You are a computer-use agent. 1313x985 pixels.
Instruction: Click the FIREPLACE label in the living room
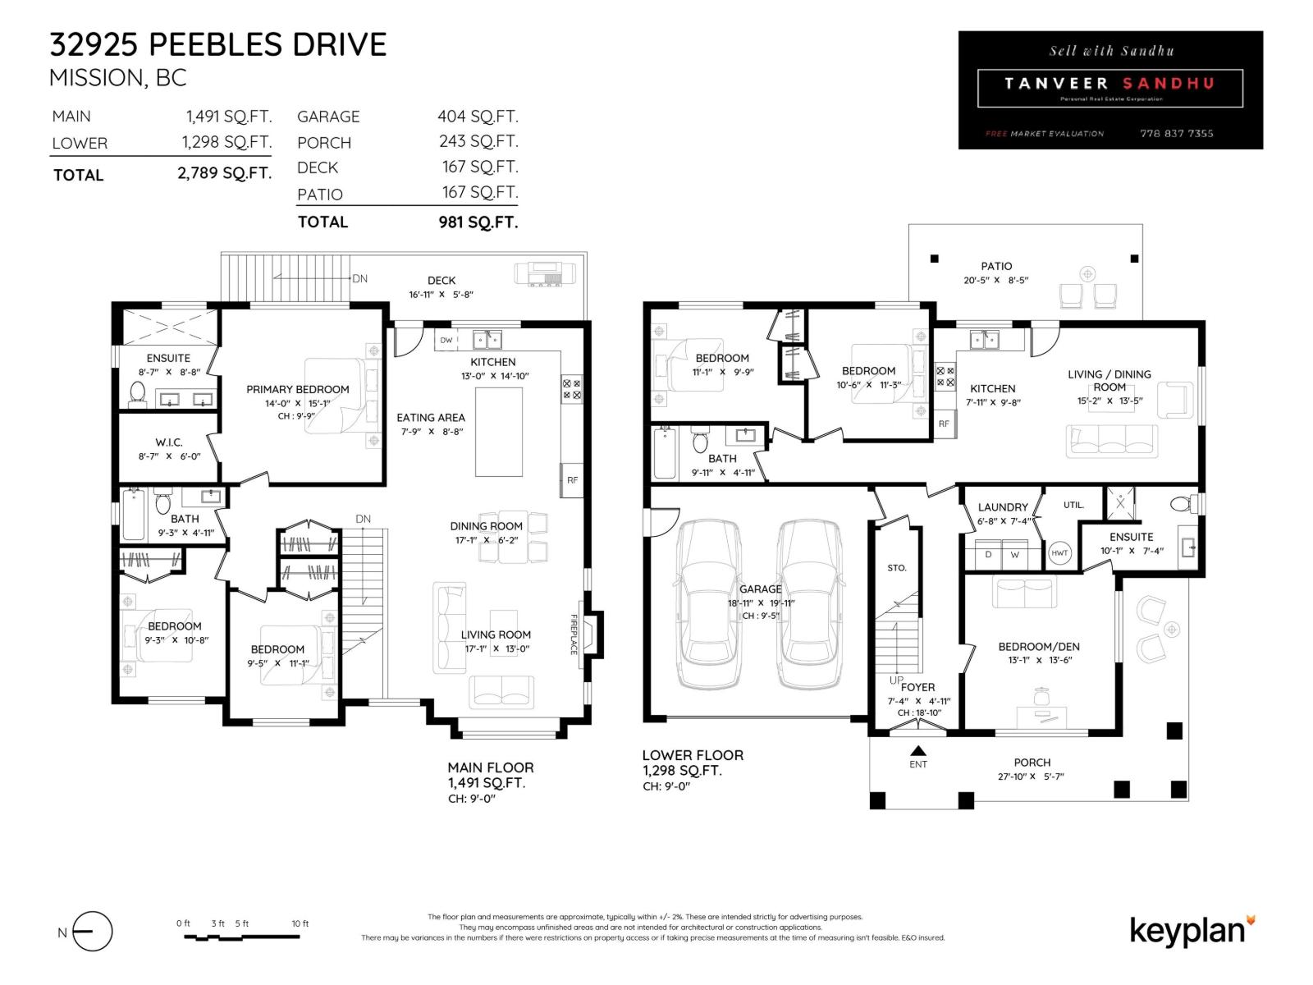[574, 635]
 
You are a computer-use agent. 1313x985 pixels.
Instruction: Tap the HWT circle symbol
[1059, 553]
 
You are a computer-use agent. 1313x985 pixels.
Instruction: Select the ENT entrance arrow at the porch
[918, 750]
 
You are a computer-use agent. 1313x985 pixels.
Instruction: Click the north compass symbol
[92, 932]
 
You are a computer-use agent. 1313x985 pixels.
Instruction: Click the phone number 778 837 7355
[1176, 133]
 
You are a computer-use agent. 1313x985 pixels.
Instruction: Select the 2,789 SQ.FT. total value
[224, 173]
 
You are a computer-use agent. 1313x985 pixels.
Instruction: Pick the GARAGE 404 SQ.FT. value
[478, 117]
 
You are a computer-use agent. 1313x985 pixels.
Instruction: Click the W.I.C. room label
[169, 442]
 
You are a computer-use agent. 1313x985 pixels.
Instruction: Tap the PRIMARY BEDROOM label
[297, 389]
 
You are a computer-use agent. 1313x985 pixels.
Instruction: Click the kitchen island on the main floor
[498, 431]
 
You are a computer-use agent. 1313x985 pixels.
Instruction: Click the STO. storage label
[897, 568]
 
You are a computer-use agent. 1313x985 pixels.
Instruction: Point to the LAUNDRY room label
[1003, 507]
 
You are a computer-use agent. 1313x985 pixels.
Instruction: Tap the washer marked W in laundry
[1015, 555]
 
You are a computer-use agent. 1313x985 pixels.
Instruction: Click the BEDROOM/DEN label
[1039, 647]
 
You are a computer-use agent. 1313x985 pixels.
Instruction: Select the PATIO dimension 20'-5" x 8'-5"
[995, 280]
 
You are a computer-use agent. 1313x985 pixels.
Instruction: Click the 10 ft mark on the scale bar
[300, 923]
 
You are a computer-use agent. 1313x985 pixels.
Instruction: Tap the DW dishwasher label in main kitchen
[446, 340]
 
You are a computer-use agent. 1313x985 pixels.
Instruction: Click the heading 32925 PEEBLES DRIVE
[218, 44]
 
